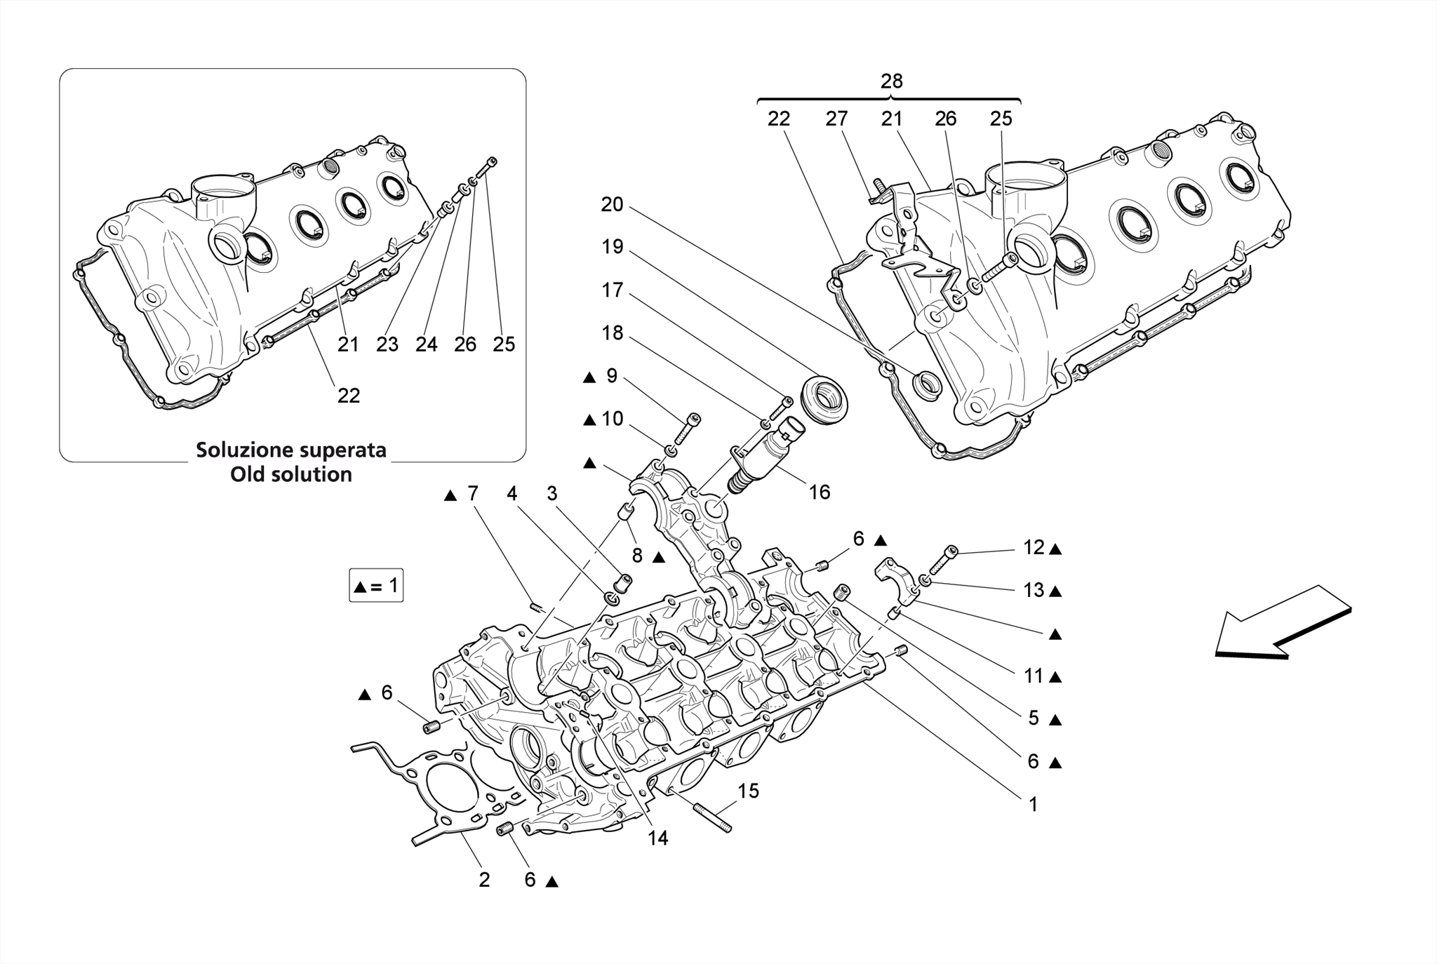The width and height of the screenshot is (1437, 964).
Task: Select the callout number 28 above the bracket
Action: [891, 81]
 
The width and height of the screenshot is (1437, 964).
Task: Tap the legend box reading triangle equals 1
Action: [376, 585]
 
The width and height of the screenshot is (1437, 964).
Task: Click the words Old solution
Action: [291, 474]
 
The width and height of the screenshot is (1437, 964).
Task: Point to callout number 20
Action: [612, 204]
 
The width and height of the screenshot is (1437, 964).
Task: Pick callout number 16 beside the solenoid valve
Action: [819, 492]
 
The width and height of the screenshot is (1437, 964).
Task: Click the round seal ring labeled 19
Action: [824, 400]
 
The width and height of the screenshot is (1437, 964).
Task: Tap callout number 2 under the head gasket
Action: [484, 879]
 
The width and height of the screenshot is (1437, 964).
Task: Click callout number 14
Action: [657, 838]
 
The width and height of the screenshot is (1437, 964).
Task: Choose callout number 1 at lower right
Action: [1032, 804]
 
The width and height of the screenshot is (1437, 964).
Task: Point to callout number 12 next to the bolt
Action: [1033, 547]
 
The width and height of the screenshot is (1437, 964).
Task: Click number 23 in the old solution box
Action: [387, 344]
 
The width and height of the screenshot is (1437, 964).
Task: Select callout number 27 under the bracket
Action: [836, 119]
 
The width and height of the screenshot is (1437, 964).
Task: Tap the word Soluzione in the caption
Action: [242, 450]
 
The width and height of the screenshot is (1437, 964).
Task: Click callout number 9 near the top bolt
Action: [612, 376]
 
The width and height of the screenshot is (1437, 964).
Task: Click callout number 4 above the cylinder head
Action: [512, 493]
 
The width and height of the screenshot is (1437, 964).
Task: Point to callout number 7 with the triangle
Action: [472, 493]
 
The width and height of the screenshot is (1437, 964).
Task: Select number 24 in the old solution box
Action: [426, 344]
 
